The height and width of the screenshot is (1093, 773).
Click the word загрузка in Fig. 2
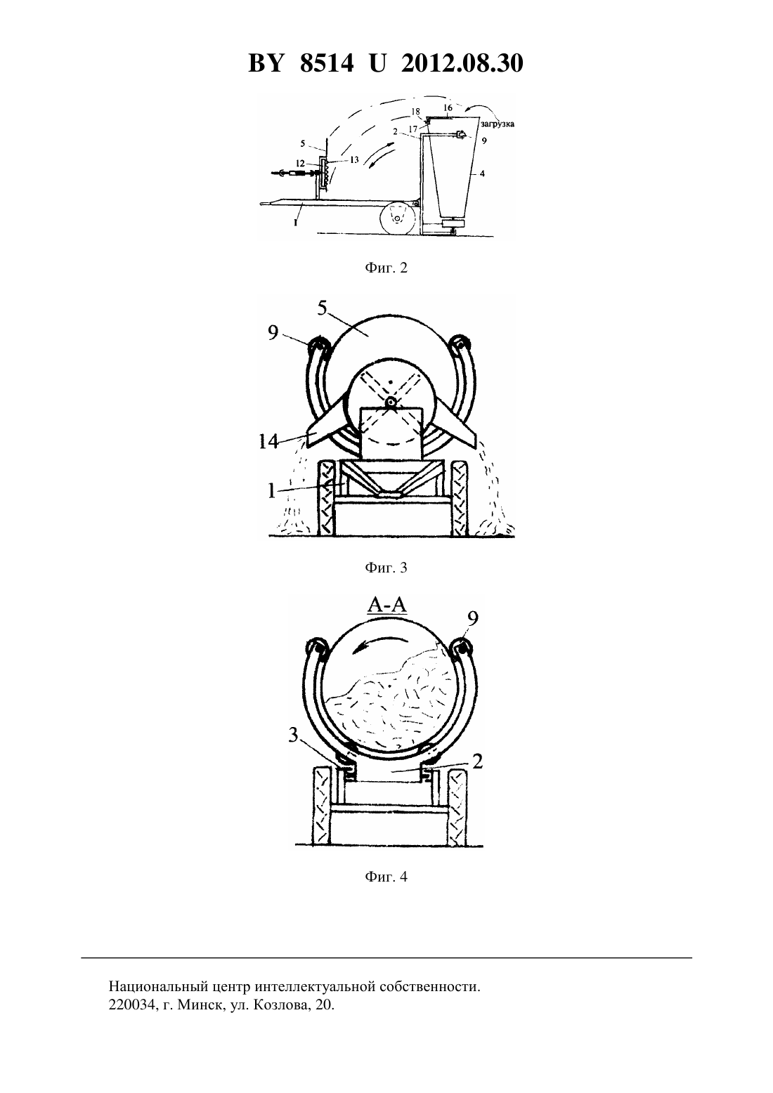[498, 124]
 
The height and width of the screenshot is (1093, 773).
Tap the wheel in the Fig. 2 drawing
[399, 218]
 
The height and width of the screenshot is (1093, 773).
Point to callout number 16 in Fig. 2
[448, 107]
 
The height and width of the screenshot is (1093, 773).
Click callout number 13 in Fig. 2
[353, 159]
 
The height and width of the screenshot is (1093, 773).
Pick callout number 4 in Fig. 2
[482, 174]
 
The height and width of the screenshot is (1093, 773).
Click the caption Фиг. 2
[386, 268]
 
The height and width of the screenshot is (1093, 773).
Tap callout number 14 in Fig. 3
[269, 442]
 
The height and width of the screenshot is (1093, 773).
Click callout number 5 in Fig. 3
[322, 308]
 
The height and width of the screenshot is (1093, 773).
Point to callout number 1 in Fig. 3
[272, 490]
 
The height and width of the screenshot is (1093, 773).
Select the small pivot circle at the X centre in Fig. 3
[391, 402]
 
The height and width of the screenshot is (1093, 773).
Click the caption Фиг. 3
[386, 568]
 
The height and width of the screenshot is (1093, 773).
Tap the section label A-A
[387, 605]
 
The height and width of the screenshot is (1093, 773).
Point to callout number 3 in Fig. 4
[293, 735]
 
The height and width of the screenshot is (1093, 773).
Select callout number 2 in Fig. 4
[478, 761]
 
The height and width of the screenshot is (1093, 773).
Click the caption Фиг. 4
[386, 877]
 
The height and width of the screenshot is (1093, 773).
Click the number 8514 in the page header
[327, 63]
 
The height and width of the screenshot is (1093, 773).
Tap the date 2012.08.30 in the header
[462, 63]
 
